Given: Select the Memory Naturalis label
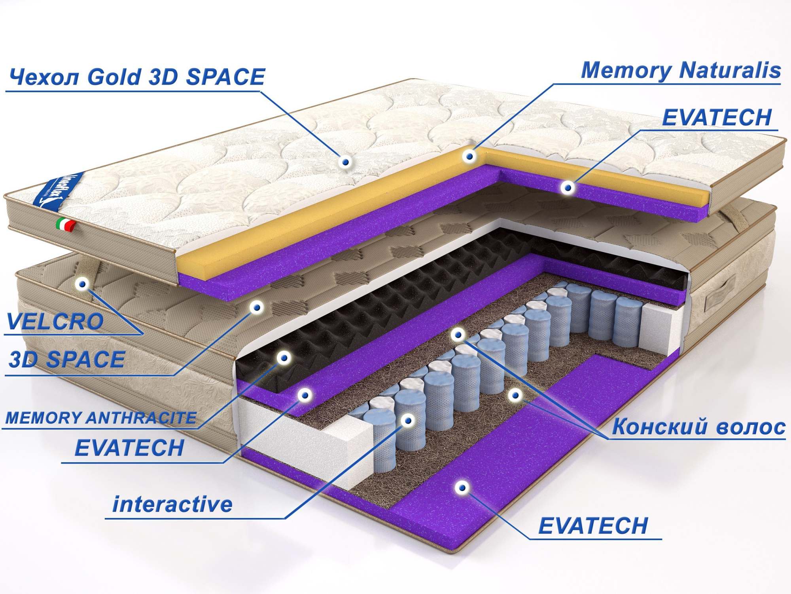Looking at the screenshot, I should [x=680, y=70].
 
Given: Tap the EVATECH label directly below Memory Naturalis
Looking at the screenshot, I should [x=717, y=118].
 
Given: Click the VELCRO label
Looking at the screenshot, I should [x=55, y=322].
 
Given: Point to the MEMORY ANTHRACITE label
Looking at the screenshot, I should [x=101, y=418].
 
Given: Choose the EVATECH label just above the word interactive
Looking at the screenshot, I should [x=129, y=448].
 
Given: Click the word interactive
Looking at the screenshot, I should [x=172, y=505].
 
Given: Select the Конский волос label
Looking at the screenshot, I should [x=698, y=427].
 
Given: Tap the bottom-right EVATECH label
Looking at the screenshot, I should [x=593, y=526].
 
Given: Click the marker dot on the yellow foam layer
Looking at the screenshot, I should [x=469, y=156].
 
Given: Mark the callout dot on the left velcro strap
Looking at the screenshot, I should [x=83, y=284].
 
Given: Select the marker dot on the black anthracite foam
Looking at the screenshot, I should [x=283, y=358].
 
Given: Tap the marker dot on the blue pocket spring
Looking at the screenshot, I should [x=407, y=420].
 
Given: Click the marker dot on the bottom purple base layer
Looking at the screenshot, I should [x=461, y=487].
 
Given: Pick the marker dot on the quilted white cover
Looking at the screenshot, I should [x=346, y=162].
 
